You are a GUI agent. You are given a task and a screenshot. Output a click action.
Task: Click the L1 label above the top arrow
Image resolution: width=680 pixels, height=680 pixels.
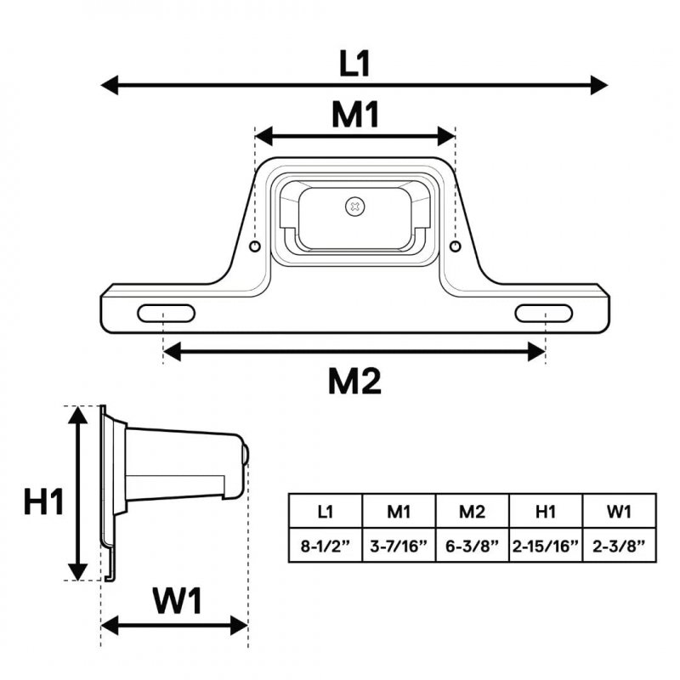coord(354,64)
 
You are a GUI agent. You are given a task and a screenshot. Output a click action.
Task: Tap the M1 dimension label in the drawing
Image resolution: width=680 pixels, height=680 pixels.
coord(355,115)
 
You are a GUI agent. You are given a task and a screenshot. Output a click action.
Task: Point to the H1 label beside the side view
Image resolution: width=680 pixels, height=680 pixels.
coord(44,501)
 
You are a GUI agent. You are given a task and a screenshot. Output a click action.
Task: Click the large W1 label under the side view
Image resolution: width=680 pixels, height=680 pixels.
coord(178,601)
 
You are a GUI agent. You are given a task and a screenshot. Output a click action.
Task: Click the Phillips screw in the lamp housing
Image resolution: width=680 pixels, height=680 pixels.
coord(355,207)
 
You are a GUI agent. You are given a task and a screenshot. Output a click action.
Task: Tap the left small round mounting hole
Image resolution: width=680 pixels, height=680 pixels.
coord(255,246)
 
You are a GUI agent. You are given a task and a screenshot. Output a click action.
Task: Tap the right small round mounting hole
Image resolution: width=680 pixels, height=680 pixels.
coord(455,246)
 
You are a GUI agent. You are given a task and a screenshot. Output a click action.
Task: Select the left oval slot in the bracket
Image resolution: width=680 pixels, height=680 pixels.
coord(166,313)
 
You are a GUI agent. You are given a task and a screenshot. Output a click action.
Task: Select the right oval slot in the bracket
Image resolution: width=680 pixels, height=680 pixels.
coord(544,313)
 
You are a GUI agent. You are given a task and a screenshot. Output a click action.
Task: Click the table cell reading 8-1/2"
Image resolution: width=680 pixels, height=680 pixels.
coord(326,545)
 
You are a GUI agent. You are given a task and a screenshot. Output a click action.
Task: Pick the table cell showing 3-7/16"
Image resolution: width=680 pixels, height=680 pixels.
coord(399,545)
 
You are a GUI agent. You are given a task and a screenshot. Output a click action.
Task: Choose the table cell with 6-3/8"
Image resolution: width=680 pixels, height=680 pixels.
coord(473,545)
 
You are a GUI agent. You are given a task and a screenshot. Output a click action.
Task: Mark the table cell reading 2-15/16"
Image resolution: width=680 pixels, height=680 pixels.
coord(546,545)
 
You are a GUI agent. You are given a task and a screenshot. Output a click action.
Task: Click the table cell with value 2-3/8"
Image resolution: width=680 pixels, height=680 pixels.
coord(620,545)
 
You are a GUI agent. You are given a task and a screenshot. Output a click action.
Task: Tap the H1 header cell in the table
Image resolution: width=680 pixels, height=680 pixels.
coord(546,511)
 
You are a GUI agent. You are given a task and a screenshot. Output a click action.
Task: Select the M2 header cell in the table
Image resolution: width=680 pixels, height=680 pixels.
coord(473,511)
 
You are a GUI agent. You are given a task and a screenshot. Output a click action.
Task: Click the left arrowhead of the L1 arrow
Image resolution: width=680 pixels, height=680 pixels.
coord(110,84)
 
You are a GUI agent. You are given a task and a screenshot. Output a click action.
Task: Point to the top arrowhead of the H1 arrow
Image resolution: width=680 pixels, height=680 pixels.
coord(78,415)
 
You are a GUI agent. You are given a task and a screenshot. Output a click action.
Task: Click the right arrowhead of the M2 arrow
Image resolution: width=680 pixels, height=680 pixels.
coord(536,351)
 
